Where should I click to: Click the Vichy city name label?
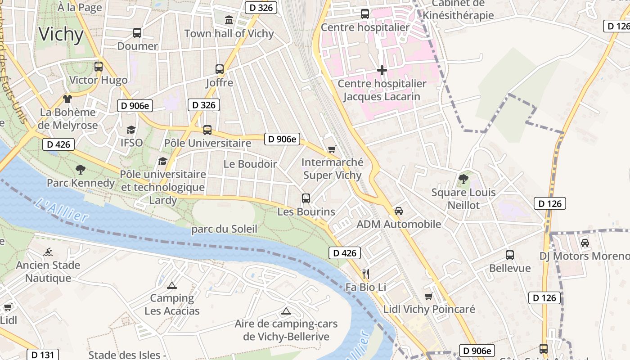61,34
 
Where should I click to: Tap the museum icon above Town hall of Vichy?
229,20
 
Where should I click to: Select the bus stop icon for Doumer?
137,33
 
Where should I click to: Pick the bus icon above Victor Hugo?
99,67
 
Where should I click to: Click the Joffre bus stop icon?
220,69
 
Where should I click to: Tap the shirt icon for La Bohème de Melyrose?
67,99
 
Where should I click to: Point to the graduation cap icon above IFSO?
131,130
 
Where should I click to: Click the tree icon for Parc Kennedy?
81,170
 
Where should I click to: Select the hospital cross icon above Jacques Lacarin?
382,70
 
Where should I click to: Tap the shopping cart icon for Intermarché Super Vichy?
332,149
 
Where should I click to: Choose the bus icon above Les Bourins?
306,198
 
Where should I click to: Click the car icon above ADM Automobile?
399,211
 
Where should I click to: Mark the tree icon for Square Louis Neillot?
463,179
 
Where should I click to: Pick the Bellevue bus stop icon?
510,255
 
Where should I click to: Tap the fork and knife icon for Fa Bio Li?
365,274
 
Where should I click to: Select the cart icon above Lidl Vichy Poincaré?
429,296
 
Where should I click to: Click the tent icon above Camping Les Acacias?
171,285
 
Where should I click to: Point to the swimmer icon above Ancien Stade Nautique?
48,252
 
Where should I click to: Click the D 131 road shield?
43,355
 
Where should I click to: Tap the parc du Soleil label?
224,229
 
